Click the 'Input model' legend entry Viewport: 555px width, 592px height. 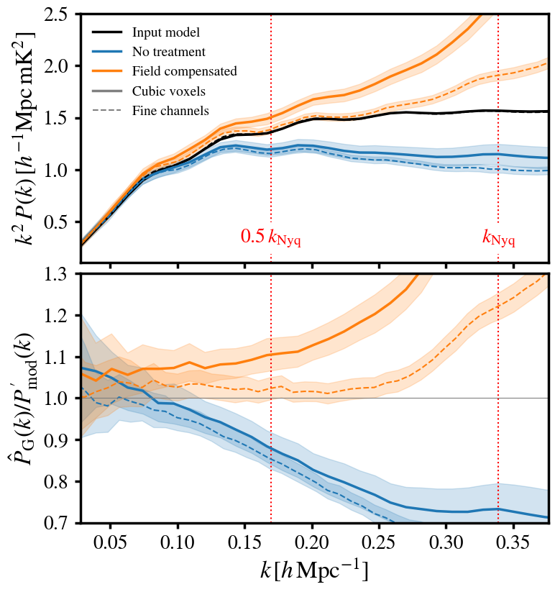tap(165, 32)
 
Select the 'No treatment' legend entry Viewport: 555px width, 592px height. tap(169, 52)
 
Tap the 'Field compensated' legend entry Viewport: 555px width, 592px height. tap(184, 71)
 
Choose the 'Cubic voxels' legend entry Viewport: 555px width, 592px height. tap(169, 91)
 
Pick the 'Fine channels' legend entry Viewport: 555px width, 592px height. tap(170, 111)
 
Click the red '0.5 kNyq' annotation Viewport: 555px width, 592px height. tap(270, 237)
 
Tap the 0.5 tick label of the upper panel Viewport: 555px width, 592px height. tap(60, 222)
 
